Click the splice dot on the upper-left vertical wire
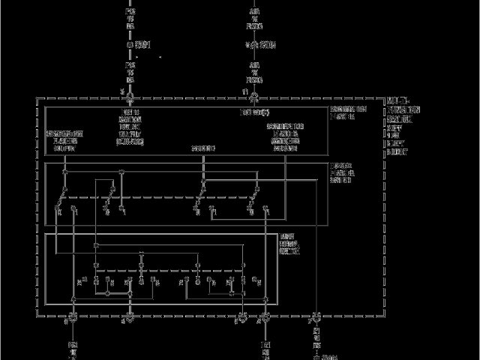[x=130, y=44]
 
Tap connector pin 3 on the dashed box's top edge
[x=130, y=97]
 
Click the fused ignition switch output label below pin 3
[x=130, y=125]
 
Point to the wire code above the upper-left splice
[x=130, y=19]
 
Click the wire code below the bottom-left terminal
[x=73, y=349]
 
